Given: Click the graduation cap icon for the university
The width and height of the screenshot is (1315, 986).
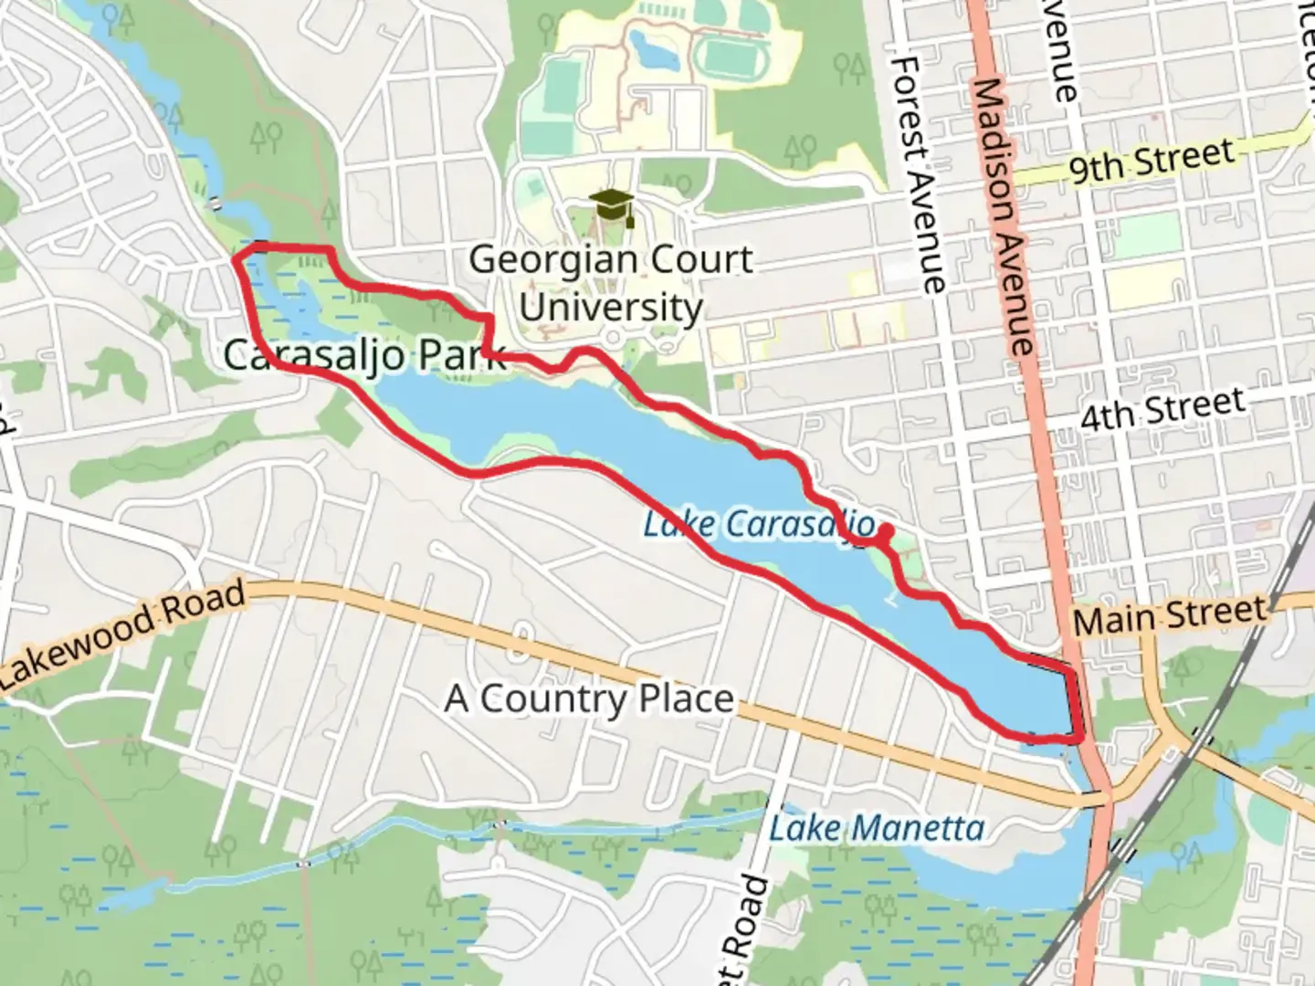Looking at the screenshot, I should pos(611,206).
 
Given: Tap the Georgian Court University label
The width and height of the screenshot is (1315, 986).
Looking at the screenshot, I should pos(610,283).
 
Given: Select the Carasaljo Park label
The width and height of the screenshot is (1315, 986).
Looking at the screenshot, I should pos(363,354).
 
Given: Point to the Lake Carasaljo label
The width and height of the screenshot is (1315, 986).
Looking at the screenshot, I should pos(758,526).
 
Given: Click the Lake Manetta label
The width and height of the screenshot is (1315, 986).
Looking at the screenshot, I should pos(877,829).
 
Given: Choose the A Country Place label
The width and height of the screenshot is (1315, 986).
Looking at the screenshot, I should pos(589,699).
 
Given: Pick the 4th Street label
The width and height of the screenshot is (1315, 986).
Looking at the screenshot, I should pos(1162,408).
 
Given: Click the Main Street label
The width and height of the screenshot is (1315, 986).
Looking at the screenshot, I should pos(1170,617).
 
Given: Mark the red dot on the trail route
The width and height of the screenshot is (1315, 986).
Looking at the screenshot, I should pos(884,531).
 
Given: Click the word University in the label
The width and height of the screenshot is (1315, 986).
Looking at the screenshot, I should pos(610,307).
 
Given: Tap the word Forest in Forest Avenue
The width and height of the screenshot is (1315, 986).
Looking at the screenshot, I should pos(908,110).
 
